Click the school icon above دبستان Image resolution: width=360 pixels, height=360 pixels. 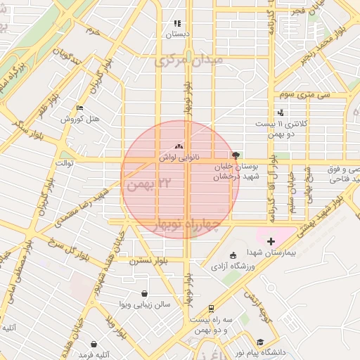coord(177,23)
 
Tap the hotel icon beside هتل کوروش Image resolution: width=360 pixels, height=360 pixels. coord(79,108)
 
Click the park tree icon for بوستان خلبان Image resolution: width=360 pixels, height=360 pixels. coord(235,155)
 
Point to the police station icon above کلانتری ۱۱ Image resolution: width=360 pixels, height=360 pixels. coord(281,112)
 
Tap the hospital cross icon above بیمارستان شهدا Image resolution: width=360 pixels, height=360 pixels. coord(271,241)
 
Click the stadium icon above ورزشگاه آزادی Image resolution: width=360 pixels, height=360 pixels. coord(233,255)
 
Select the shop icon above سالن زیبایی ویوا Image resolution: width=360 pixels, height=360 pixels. coord(144,293)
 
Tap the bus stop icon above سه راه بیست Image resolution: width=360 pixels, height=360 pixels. coord(210,308)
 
